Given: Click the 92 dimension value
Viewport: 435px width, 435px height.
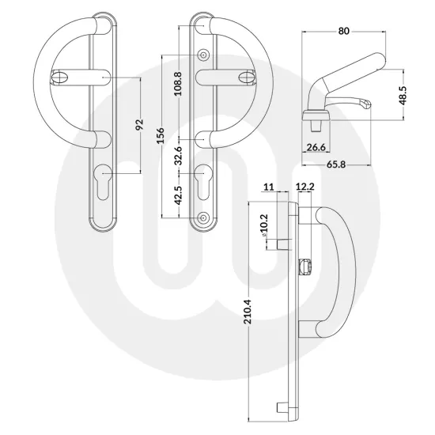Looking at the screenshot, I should pos(140,125).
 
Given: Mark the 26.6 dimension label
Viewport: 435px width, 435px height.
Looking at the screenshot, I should pos(316,146).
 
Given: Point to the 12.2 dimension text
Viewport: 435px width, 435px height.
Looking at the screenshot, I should pos(304,187).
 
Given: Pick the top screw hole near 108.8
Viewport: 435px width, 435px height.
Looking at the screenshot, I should pos(204,55).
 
